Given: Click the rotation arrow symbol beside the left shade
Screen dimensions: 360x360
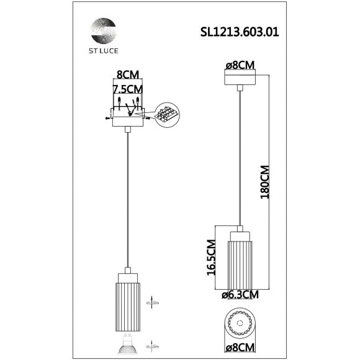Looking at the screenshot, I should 151,302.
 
